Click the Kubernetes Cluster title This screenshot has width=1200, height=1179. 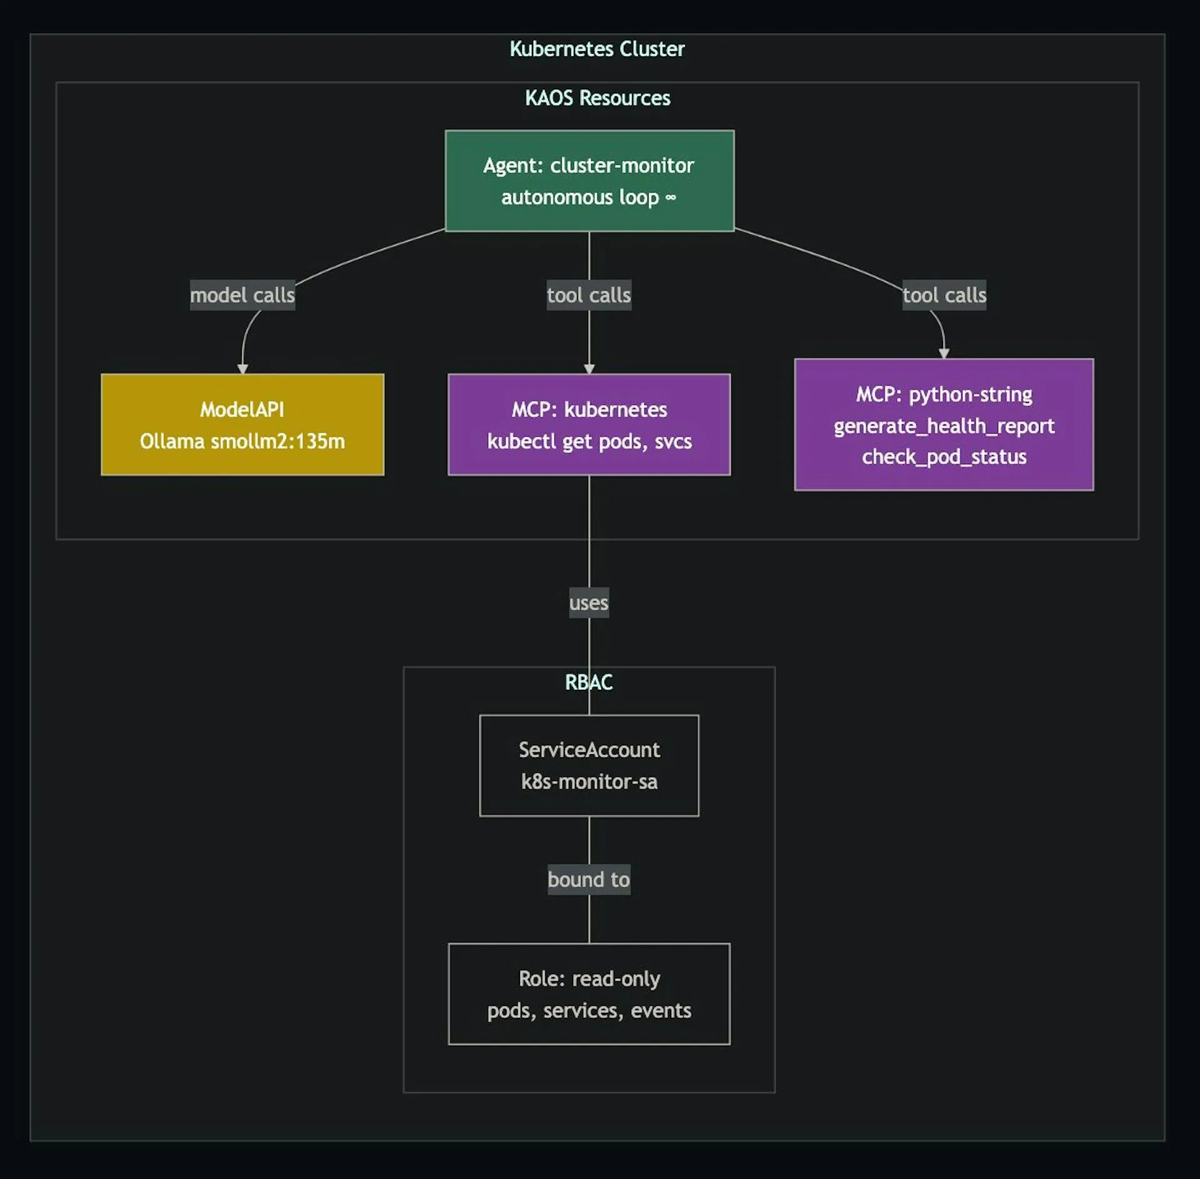pos(597,49)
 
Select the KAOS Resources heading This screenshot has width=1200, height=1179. pos(597,98)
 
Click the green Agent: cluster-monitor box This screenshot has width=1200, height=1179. pos(589,181)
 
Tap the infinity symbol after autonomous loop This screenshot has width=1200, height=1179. pos(671,197)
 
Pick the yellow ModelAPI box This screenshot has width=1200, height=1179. pos(242,425)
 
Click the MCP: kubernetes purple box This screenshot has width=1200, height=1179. pos(589,425)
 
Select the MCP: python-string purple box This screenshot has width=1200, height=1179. pos(944,425)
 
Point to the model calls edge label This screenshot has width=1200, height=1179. pos(242,295)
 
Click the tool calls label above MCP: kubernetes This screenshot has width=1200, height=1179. pos(589,295)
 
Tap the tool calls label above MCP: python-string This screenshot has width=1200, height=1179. pos(944,295)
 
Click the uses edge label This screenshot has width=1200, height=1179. pos(589,603)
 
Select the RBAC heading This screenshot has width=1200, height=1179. pos(589,682)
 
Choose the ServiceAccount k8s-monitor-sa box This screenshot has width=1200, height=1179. pos(589,765)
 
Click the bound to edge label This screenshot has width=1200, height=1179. pos(589,880)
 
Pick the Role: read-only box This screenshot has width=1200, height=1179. pos(589,994)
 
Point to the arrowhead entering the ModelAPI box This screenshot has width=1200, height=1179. pos(242,369)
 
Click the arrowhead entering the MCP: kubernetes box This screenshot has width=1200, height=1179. pos(589,369)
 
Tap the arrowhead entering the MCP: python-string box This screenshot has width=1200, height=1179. pos(944,354)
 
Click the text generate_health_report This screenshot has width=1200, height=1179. pos(944,425)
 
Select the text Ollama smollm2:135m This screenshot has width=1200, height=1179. pos(242,441)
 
